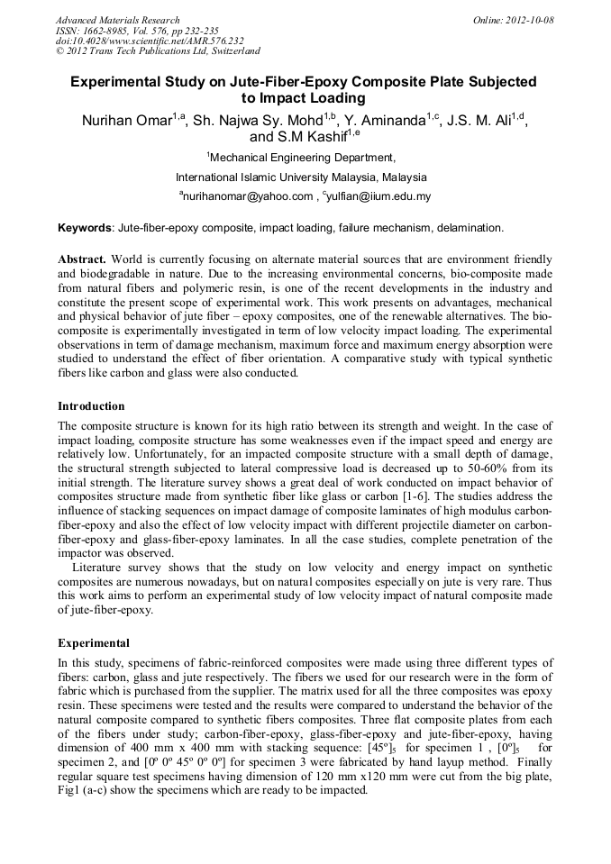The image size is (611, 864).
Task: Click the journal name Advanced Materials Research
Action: point(117,20)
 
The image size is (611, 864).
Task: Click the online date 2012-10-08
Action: point(525,20)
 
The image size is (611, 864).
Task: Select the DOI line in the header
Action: point(150,41)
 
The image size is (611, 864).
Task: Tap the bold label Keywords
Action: point(85,228)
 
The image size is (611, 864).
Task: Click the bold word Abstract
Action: point(82,259)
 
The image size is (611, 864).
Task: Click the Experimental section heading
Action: point(94,643)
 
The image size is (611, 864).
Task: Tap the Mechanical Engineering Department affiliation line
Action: point(304,157)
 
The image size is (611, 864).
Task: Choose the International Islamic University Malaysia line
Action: point(301,177)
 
